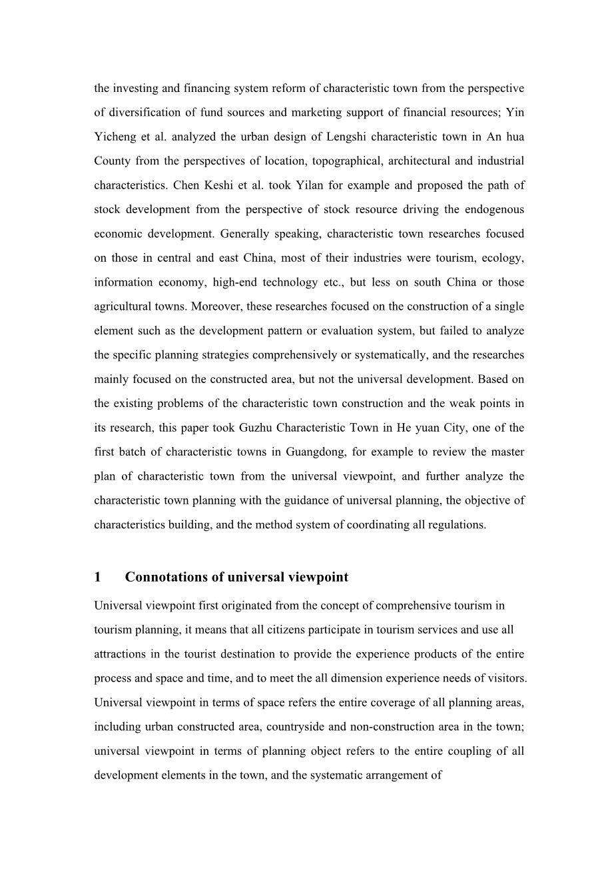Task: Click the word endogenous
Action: click(494, 209)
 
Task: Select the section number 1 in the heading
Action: click(97, 577)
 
